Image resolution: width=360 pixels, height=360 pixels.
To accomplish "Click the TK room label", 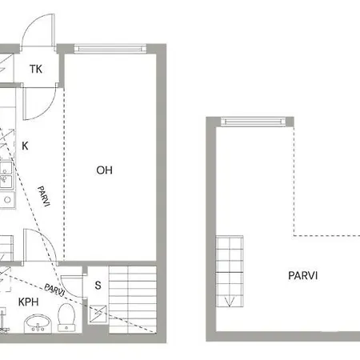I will (35, 70).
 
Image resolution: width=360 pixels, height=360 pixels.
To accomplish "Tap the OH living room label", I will (104, 170).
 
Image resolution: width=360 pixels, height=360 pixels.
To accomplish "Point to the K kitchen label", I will (26, 146).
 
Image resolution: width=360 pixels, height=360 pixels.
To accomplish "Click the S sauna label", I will (98, 286).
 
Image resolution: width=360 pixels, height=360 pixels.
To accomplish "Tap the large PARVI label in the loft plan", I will (303, 275).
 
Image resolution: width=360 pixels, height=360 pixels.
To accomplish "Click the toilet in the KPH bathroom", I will (67, 321).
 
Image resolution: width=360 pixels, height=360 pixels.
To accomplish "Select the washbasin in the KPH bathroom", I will (37, 323).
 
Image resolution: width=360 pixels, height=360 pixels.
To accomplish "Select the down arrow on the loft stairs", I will (231, 301).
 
